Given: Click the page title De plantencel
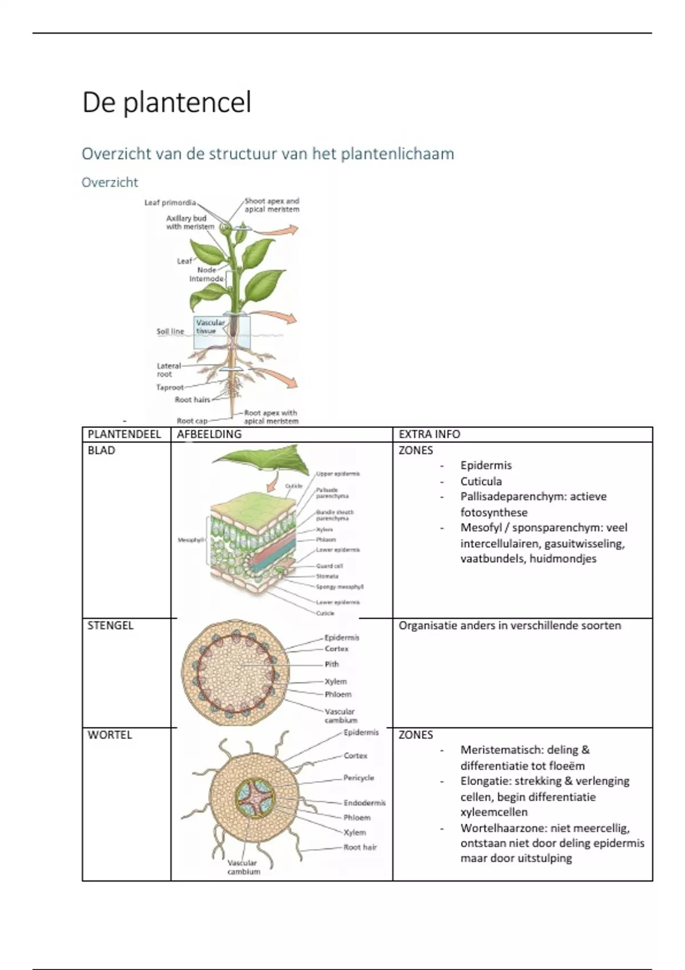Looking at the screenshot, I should tap(167, 103).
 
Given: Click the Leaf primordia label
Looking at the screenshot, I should tap(170, 203).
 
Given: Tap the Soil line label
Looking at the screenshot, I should tap(170, 332).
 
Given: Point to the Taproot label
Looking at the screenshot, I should tap(170, 387).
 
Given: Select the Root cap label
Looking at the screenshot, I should tap(192, 421).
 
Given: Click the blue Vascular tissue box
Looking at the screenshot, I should tap(221, 333).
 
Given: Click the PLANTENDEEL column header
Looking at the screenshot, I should tap(124, 434).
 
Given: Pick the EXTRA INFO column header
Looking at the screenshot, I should tap(429, 434).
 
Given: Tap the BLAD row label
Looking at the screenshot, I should tap(101, 450).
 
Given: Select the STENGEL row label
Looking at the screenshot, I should tap(110, 625).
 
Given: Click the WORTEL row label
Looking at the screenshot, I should tap(110, 735).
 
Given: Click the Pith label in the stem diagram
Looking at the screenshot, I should tap(332, 664).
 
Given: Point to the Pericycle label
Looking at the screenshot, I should tap(358, 778).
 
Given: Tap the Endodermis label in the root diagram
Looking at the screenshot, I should tap(364, 803).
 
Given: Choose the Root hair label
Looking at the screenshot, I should tap(360, 847).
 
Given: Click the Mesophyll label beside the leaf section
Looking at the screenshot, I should tap(190, 540).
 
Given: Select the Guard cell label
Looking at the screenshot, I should tap(329, 566).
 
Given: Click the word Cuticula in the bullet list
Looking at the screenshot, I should tap(481, 481).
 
